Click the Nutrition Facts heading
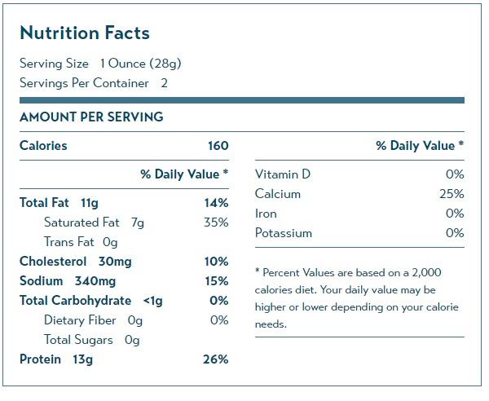click(x=85, y=33)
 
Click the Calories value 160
click(x=218, y=146)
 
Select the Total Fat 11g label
click(x=59, y=203)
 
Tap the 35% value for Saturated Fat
click(x=217, y=223)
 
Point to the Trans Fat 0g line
click(x=81, y=242)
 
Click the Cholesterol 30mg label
click(x=75, y=262)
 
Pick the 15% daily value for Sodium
click(x=217, y=281)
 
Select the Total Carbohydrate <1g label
click(x=91, y=301)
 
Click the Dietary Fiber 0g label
click(x=92, y=320)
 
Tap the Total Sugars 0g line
click(x=92, y=340)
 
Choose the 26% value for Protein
click(x=217, y=359)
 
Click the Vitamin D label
click(x=283, y=174)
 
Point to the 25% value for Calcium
click(x=451, y=194)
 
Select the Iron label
click(x=266, y=214)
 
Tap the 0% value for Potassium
click(x=455, y=233)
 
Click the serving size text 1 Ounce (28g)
click(x=140, y=64)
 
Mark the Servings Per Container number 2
click(x=165, y=83)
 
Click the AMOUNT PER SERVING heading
click(x=91, y=117)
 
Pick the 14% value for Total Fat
click(x=217, y=203)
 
